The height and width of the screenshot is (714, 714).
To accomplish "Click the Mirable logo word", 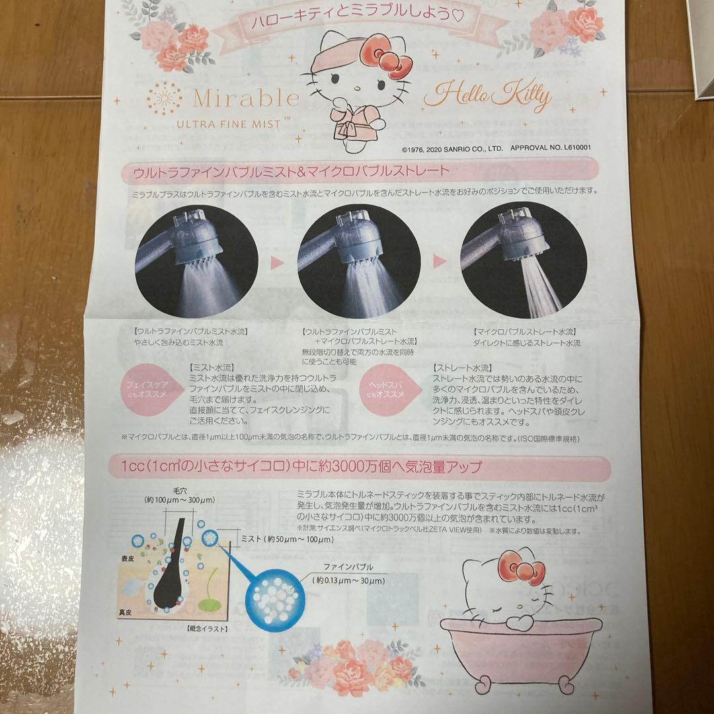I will tap(246, 98).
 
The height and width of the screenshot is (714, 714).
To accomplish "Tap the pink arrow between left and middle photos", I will tap(277, 262).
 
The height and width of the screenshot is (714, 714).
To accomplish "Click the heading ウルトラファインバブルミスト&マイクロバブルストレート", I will tap(291, 171).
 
